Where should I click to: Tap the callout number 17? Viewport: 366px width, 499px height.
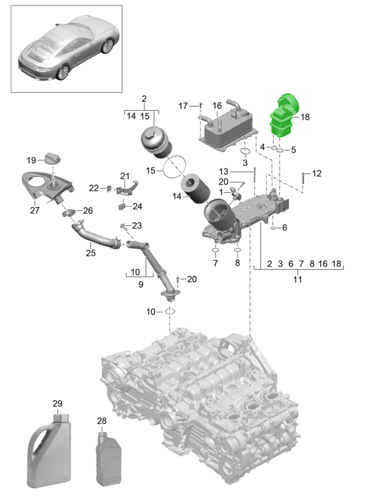[x=183, y=106]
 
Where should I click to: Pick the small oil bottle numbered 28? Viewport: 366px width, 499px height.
[x=108, y=458]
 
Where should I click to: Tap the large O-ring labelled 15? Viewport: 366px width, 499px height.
[x=177, y=166]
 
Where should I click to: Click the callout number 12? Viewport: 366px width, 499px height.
[x=317, y=174]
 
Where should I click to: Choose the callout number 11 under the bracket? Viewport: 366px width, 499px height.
[x=297, y=280]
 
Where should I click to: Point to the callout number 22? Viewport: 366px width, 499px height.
[x=94, y=188]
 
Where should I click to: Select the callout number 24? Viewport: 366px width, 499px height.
[x=138, y=206]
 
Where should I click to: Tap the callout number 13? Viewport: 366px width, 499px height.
[x=223, y=171]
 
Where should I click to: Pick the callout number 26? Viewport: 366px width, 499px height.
[x=88, y=211]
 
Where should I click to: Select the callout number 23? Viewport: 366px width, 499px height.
[x=136, y=225]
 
